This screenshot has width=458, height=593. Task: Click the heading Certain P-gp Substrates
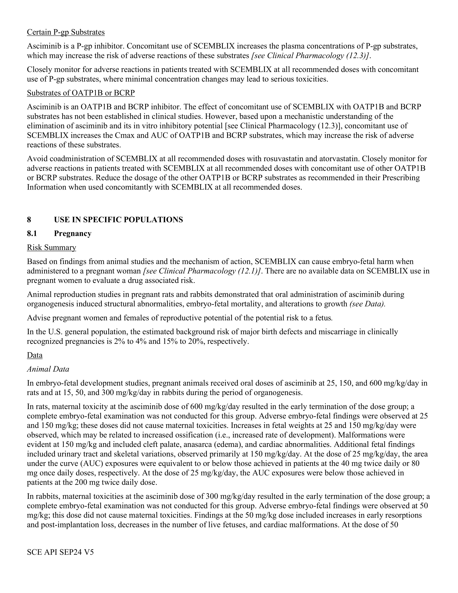(x=66, y=32)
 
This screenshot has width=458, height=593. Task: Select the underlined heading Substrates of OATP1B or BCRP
(x=81, y=93)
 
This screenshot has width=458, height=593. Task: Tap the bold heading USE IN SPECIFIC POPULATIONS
(x=118, y=220)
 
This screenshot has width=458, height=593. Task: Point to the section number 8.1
(x=32, y=233)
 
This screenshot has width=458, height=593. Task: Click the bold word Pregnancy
(x=73, y=233)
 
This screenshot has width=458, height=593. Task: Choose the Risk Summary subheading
(x=51, y=248)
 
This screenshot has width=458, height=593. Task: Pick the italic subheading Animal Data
(x=48, y=369)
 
